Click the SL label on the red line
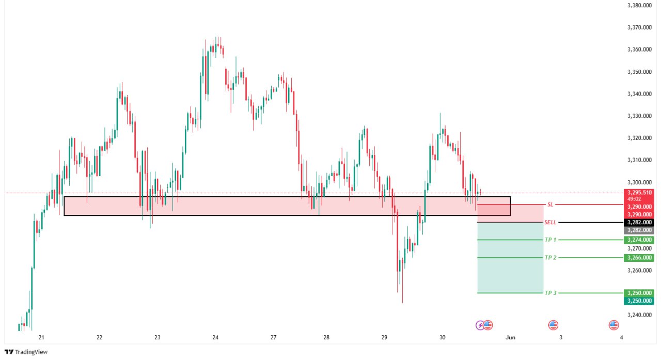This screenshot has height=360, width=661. tap(550, 205)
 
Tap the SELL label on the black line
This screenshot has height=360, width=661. tap(550, 222)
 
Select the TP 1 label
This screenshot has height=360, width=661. tap(550, 240)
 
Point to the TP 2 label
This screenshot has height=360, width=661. tap(550, 257)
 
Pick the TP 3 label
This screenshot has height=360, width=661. tap(550, 293)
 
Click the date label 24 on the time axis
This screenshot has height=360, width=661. tap(215, 337)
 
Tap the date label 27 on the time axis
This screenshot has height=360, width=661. tap(273, 337)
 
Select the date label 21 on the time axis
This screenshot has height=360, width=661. tap(42, 337)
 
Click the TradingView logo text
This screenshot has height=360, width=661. tap(31, 352)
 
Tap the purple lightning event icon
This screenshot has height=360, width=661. tap(480, 325)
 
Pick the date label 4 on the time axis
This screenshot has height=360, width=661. tap(621, 337)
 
